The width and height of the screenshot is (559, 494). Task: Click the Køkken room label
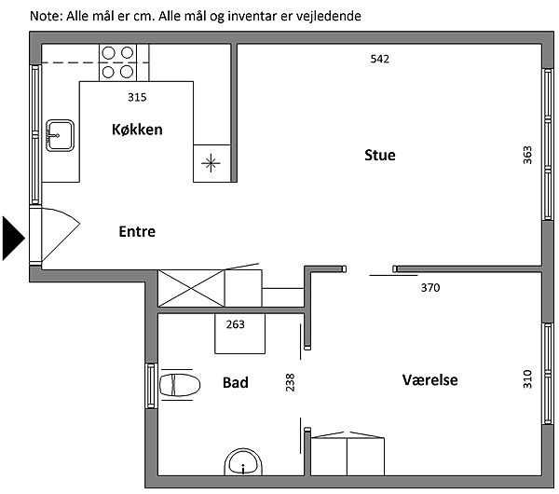pyautogui.click(x=137, y=130)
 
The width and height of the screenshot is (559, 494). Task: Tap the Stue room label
pyautogui.click(x=380, y=155)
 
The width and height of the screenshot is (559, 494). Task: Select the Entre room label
pyautogui.click(x=137, y=231)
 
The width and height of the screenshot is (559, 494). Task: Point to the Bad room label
pyautogui.click(x=236, y=382)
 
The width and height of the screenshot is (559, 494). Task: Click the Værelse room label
pyautogui.click(x=429, y=380)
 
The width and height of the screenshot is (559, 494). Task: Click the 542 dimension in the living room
pyautogui.click(x=380, y=59)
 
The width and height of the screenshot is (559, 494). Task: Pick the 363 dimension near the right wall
pyautogui.click(x=527, y=155)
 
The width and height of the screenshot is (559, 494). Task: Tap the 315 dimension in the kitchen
pyautogui.click(x=137, y=97)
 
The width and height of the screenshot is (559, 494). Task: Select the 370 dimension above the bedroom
pyautogui.click(x=430, y=287)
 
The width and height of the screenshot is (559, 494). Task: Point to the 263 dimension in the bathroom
pyautogui.click(x=236, y=324)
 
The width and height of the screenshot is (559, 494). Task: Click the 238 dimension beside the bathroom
pyautogui.click(x=290, y=382)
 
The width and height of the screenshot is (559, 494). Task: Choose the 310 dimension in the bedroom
pyautogui.click(x=527, y=378)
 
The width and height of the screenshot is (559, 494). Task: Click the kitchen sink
pyautogui.click(x=60, y=135)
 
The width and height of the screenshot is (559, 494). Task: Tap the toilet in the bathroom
pyautogui.click(x=180, y=385)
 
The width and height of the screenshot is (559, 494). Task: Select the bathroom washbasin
pyautogui.click(x=243, y=462)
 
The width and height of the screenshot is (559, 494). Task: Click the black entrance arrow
pyautogui.click(x=14, y=238)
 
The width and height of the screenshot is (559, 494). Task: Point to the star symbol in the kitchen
pyautogui.click(x=211, y=163)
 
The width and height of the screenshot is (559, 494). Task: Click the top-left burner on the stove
pyautogui.click(x=108, y=53)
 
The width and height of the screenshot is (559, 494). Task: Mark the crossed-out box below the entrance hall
pyautogui.click(x=191, y=288)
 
